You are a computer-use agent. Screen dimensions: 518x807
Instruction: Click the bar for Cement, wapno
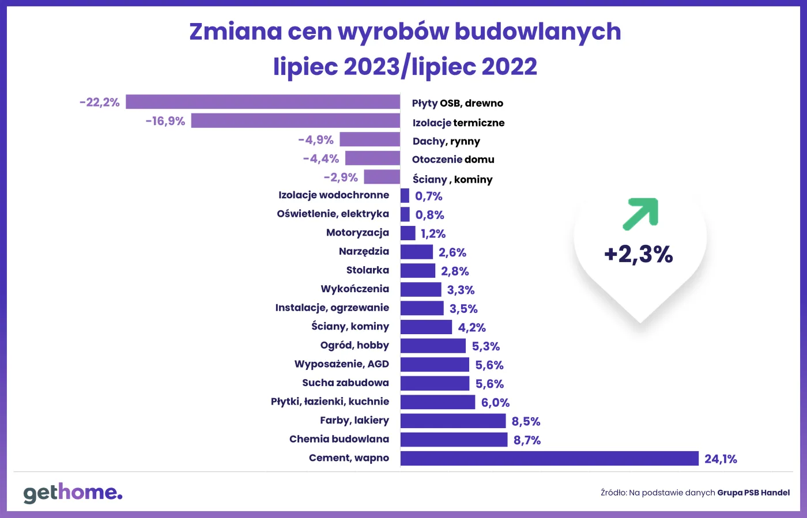[x=549, y=459]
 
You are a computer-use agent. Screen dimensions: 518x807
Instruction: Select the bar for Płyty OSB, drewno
[x=263, y=102]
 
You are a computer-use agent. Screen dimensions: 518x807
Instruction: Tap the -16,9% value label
[x=165, y=121]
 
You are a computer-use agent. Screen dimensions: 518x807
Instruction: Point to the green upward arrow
[x=640, y=214]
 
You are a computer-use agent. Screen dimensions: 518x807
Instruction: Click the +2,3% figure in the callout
[x=639, y=254]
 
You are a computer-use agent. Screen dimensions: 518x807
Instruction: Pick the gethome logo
[x=73, y=493]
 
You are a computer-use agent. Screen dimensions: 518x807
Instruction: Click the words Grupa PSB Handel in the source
[x=753, y=493]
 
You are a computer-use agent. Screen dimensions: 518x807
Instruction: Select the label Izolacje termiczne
[x=458, y=123]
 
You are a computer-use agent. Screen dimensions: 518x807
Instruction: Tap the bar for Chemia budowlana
[x=454, y=440]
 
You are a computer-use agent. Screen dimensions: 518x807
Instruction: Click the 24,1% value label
[x=721, y=459]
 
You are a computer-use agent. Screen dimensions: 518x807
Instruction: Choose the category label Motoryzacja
[x=357, y=233]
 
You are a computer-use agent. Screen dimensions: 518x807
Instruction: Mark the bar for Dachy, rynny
[x=369, y=139]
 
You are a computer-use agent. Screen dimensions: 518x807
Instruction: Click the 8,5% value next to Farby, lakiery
[x=526, y=422]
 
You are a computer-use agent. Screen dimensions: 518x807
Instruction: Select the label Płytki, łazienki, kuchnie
[x=330, y=402]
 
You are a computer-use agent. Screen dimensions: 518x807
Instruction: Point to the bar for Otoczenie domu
[x=372, y=158]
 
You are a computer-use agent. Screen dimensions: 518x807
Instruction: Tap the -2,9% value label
[x=341, y=177]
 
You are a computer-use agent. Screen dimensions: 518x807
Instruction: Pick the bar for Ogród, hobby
[x=433, y=346]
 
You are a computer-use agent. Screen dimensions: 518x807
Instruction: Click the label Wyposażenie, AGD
[x=341, y=364]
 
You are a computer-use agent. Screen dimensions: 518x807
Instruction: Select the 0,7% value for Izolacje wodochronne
[x=429, y=196]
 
